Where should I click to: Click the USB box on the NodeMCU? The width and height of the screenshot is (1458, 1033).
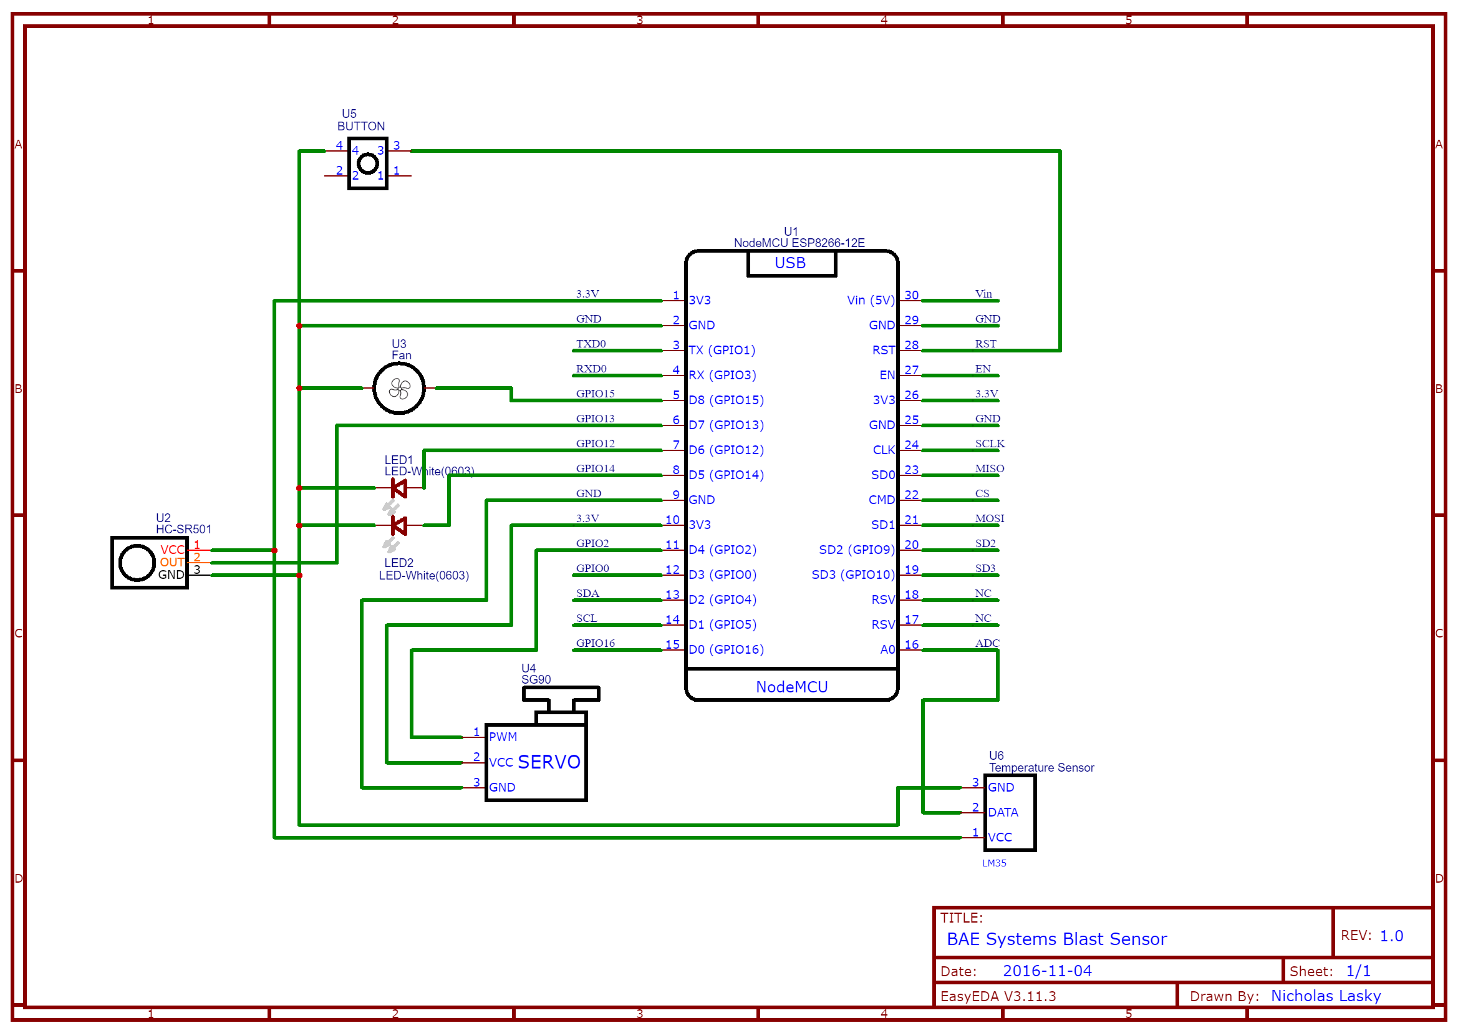click(790, 263)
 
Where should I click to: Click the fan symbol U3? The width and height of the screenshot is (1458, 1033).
click(398, 388)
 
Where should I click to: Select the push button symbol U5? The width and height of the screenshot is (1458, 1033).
click(367, 163)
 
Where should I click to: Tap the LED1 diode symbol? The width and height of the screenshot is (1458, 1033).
click(398, 488)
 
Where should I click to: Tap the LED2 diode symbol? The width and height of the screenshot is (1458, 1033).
click(398, 525)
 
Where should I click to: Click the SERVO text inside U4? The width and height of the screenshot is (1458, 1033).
click(548, 762)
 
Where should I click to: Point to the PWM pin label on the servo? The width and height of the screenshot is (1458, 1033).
click(503, 737)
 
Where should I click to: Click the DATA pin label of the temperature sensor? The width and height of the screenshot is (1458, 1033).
click(1003, 812)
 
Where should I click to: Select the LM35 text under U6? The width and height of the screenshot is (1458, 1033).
click(994, 863)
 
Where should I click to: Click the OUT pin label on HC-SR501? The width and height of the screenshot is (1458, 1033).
click(171, 562)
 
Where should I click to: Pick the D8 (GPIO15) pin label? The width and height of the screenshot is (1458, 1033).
click(725, 400)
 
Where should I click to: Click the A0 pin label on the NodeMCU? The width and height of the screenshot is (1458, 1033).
click(887, 649)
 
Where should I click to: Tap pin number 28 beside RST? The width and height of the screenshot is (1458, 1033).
click(911, 345)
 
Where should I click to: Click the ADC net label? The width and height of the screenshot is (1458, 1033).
click(987, 643)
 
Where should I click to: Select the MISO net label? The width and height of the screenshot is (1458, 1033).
click(990, 469)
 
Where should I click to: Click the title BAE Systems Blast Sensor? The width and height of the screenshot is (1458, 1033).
click(1056, 939)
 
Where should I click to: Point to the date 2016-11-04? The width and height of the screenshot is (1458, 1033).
click(1046, 971)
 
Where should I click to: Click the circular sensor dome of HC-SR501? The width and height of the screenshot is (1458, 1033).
click(137, 563)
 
